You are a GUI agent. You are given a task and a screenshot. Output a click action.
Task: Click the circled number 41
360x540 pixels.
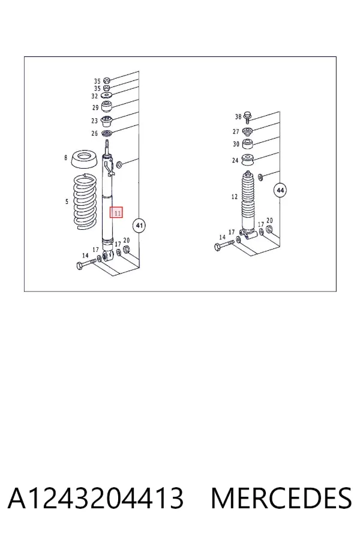(139, 226)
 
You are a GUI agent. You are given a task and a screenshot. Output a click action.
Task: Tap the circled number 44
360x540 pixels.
(280, 190)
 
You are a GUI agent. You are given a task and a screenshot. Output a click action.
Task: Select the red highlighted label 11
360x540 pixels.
(116, 212)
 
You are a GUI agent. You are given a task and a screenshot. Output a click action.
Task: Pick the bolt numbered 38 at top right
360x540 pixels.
(247, 117)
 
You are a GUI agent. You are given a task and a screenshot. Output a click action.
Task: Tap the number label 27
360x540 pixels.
(236, 131)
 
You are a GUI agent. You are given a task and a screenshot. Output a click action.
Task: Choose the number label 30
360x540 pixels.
(236, 144)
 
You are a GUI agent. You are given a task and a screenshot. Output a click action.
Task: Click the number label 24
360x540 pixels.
(235, 160)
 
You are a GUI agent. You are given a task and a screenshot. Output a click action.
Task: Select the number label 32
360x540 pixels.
(95, 97)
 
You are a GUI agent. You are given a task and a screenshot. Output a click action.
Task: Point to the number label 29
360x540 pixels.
(95, 107)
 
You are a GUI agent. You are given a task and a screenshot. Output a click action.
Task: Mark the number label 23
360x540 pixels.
(95, 121)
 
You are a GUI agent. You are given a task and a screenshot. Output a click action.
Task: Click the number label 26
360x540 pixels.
(95, 133)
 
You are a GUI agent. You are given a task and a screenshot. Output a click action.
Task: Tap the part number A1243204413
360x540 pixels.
(96, 498)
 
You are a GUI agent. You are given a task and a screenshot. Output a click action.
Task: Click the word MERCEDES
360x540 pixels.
(281, 498)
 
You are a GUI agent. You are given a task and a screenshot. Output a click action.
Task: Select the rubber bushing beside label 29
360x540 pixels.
(107, 106)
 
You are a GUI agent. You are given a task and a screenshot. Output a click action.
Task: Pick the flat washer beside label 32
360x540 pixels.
(107, 95)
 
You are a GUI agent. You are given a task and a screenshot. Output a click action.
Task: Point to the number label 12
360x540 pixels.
(235, 197)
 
